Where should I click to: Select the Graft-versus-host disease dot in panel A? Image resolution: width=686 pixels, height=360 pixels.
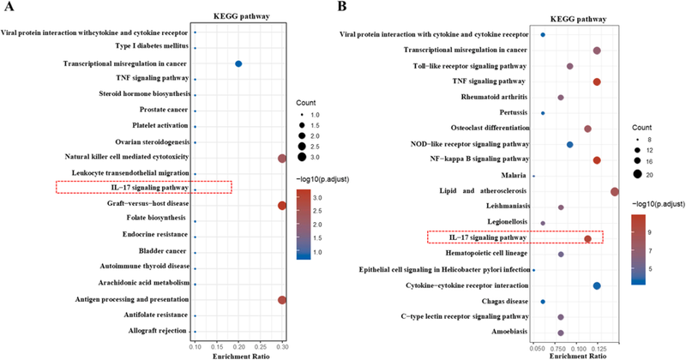point(281,205)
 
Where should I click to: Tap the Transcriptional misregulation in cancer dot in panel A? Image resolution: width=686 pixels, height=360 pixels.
point(238,64)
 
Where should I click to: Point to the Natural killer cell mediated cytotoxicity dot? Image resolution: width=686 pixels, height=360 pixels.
point(281,158)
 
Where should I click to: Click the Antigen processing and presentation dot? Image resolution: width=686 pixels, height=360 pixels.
point(281,299)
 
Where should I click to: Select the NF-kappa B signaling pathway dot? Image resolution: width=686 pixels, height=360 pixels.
point(597,160)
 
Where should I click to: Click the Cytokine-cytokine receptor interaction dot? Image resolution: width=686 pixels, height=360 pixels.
point(596,285)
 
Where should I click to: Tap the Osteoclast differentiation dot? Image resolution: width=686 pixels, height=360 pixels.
point(587,129)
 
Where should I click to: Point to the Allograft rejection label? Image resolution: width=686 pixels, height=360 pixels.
point(153,331)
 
